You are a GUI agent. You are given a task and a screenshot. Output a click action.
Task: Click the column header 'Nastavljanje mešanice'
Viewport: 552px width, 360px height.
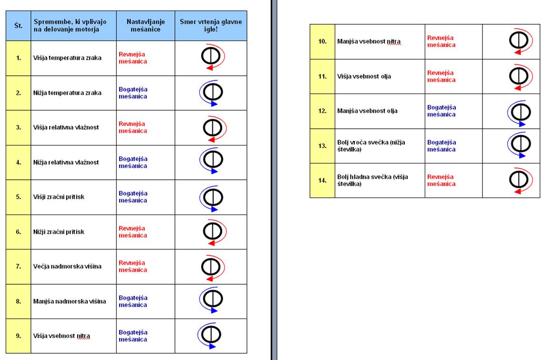[x=145, y=25]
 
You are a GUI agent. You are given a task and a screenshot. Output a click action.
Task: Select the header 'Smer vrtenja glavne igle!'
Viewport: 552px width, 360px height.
[x=211, y=25]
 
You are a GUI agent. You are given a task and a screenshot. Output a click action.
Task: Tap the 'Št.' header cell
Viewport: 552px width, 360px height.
[x=19, y=25]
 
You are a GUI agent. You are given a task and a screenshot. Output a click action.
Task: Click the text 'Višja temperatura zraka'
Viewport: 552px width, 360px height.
[x=67, y=58]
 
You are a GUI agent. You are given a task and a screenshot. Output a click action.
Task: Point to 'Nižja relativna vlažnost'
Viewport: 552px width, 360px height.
[x=66, y=162]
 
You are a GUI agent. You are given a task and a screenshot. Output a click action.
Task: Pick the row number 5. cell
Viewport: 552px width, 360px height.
[x=19, y=197]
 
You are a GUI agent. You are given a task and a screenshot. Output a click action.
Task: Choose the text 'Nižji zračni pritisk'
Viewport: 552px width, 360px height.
[x=59, y=232]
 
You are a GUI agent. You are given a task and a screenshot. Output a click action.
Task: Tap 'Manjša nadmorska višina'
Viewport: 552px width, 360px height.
[x=70, y=301]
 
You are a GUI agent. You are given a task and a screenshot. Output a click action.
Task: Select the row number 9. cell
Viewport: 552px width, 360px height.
[x=19, y=336]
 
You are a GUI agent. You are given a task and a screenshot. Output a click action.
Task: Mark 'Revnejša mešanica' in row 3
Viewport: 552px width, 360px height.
[x=133, y=127]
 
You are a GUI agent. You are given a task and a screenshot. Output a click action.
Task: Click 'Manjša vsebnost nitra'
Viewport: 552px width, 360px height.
[x=368, y=41]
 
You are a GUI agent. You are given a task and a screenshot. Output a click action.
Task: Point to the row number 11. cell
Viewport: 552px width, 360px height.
[x=322, y=76]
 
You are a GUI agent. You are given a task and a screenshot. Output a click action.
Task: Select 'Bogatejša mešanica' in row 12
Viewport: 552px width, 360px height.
[x=441, y=111]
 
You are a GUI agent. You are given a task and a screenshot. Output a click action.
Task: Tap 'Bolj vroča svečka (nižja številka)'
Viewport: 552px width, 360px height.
[x=371, y=145]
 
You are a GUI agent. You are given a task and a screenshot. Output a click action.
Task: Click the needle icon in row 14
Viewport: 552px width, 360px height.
[x=518, y=180]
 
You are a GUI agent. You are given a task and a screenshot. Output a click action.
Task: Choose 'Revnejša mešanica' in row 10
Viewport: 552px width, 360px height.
[x=441, y=41]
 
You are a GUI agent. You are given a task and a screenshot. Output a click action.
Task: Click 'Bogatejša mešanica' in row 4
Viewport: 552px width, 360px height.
[x=133, y=162]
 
